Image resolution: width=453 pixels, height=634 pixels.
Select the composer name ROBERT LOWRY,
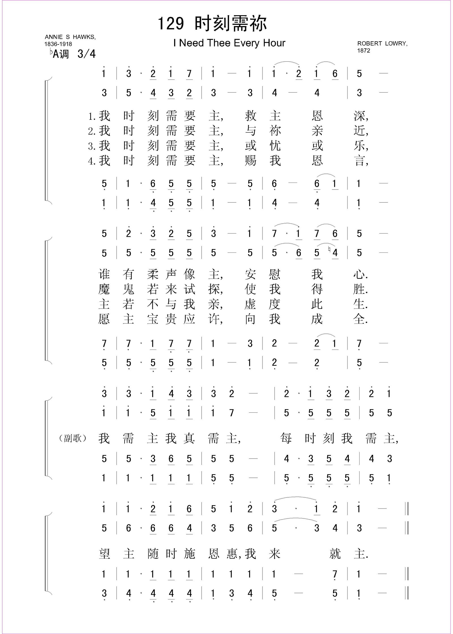[382, 44]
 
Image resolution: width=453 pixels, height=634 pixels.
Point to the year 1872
[364, 51]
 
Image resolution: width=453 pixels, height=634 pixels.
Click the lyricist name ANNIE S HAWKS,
[70, 37]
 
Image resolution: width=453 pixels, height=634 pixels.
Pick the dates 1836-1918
[58, 44]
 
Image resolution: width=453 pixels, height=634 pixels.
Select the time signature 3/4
[86, 54]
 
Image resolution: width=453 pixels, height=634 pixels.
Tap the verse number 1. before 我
[92, 116]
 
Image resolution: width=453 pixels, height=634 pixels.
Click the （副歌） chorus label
[73, 438]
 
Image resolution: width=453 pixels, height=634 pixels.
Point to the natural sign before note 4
[329, 249]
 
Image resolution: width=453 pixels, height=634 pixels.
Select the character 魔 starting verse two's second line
[104, 289]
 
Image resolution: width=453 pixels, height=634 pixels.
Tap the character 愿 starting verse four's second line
[104, 319]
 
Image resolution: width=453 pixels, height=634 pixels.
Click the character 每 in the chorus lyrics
[286, 438]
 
